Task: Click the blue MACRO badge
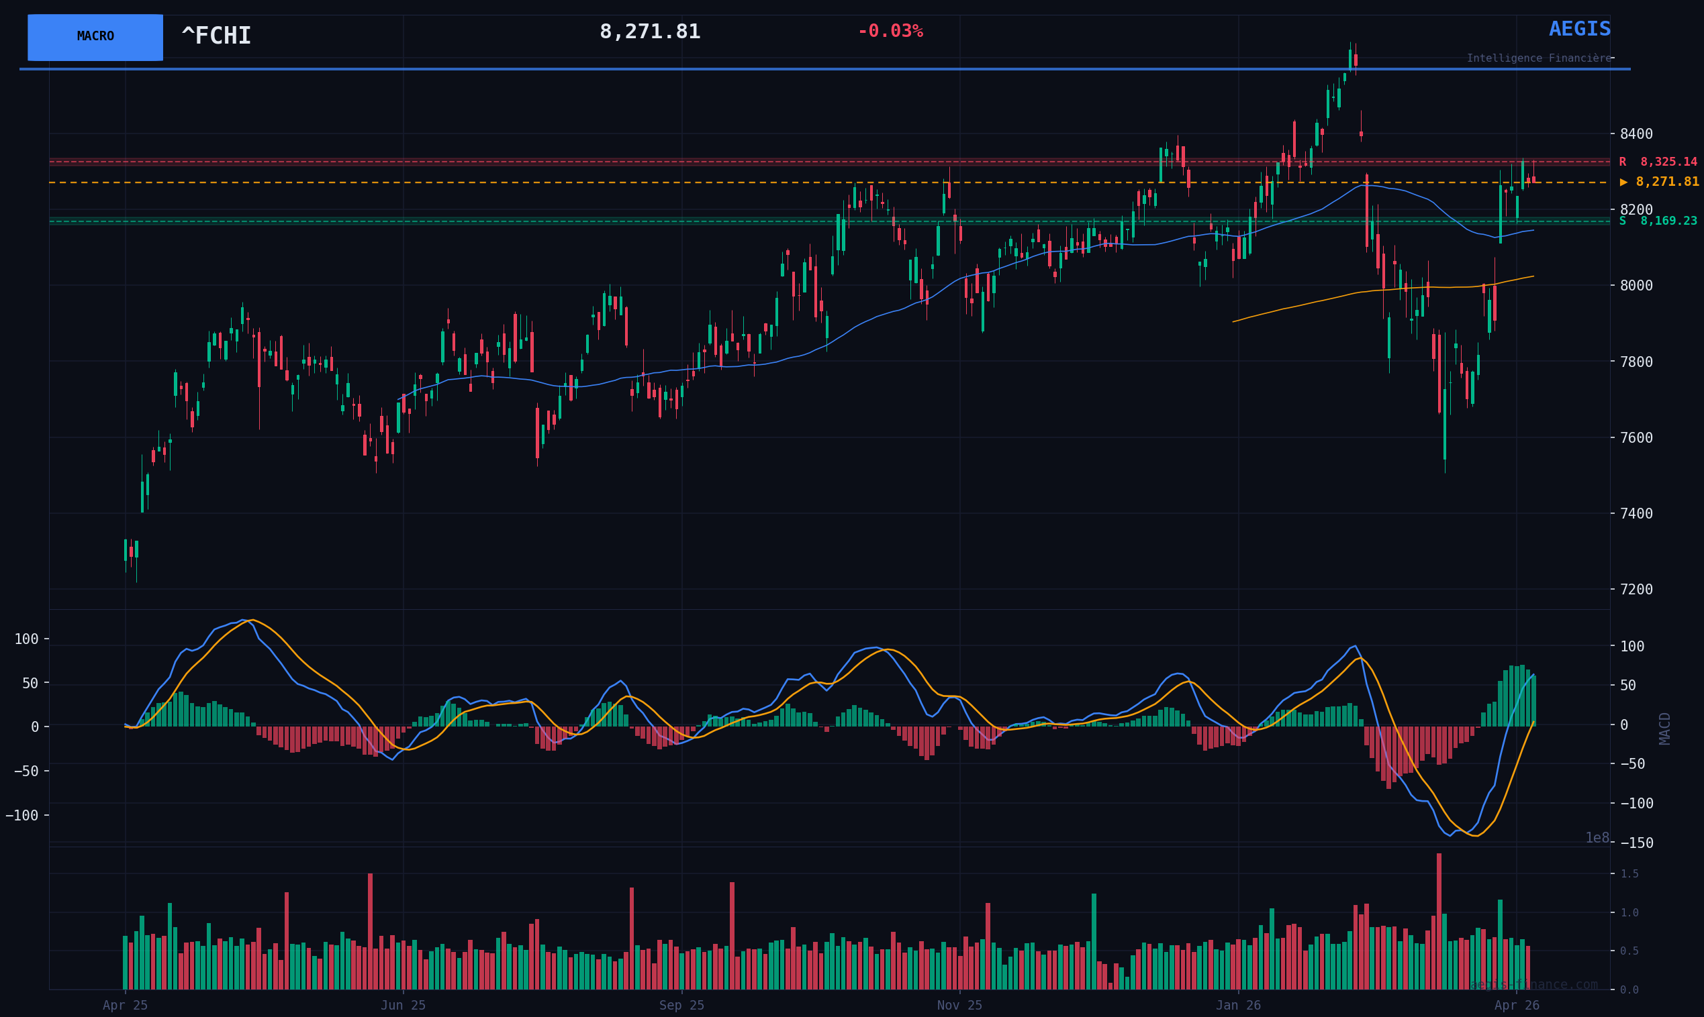[x=95, y=37]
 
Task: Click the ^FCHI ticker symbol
[x=216, y=36]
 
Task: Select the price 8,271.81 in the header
[x=649, y=32]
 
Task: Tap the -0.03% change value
[x=890, y=32]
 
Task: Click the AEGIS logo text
[x=1579, y=30]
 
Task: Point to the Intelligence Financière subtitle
[x=1538, y=58]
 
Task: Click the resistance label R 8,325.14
[x=1658, y=162]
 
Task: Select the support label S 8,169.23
[x=1658, y=221]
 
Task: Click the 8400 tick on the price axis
[x=1636, y=133]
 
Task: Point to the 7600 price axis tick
[x=1636, y=437]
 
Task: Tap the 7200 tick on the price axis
[x=1636, y=590]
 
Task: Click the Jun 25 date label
[x=404, y=1006]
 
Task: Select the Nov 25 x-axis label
[x=959, y=1006]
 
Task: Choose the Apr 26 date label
[x=1516, y=1006]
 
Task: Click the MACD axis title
[x=1664, y=728]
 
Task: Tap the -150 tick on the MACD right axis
[x=1636, y=843]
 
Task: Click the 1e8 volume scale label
[x=1597, y=837]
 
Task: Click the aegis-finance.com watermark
[x=1533, y=984]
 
